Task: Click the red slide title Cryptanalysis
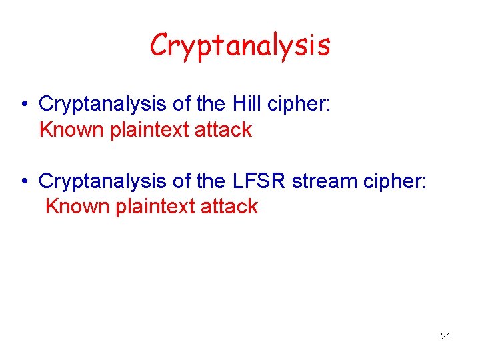click(240, 45)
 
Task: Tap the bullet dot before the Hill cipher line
click(23, 105)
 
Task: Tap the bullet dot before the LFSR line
click(23, 181)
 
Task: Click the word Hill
click(249, 104)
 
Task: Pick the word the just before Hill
click(213, 104)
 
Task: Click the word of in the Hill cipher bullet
click(182, 104)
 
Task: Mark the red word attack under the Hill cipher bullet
click(223, 129)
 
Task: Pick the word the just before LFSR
click(213, 181)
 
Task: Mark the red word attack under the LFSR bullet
click(229, 206)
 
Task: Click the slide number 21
click(445, 336)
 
